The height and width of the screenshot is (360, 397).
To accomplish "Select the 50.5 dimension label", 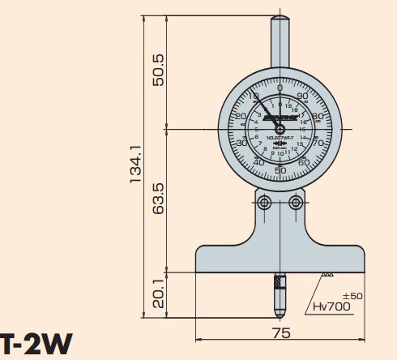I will pos(159,70).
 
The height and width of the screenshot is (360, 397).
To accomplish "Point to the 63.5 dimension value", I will pos(159,199).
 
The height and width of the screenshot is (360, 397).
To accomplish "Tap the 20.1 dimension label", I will pos(159,294).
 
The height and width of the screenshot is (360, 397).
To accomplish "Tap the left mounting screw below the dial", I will pos(263,202).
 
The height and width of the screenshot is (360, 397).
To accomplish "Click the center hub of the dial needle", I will pos(280,129).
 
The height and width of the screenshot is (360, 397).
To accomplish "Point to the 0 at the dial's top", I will pos(280,89).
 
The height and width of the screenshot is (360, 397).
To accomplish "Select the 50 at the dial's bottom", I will pos(280,169).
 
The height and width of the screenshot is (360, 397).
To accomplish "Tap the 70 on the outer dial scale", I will pos(317,144).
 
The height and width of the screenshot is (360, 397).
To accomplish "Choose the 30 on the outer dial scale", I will pos(242,144).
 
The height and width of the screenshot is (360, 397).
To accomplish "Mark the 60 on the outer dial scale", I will pos(302,162).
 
